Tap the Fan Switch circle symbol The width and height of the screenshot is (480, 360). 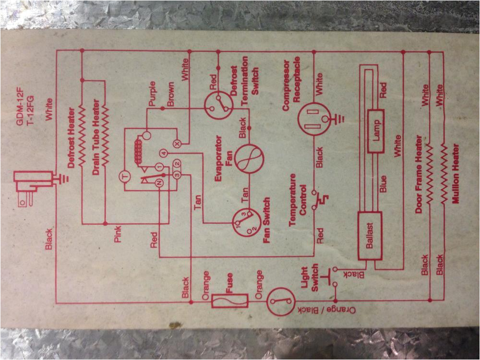246,222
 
